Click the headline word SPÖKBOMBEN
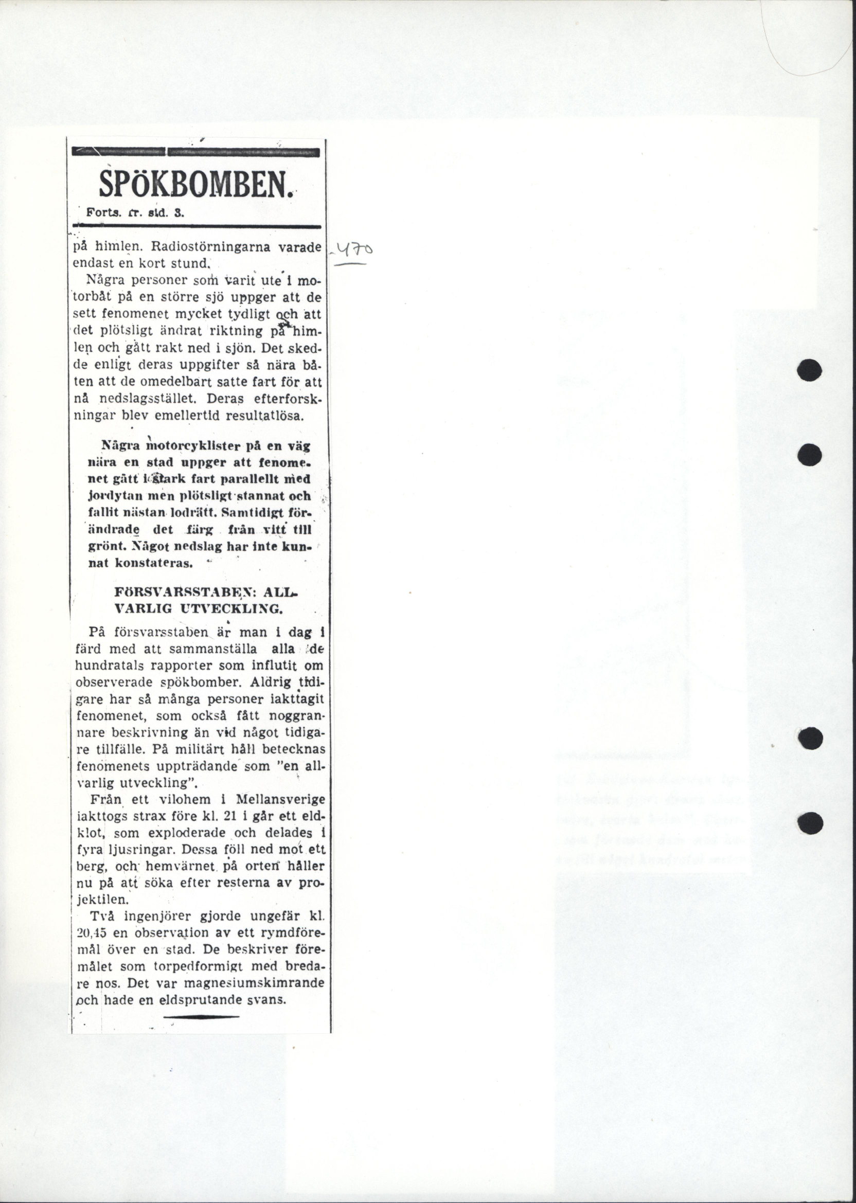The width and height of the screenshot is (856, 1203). [x=194, y=186]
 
